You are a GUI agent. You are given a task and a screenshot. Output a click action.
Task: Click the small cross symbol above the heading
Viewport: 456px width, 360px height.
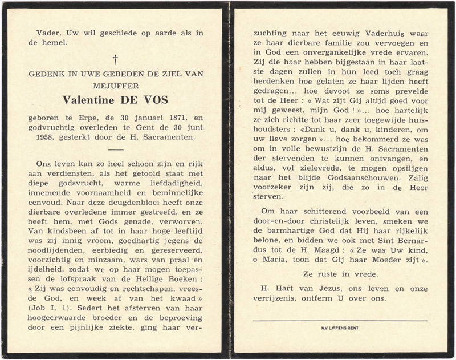coord(115,58)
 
